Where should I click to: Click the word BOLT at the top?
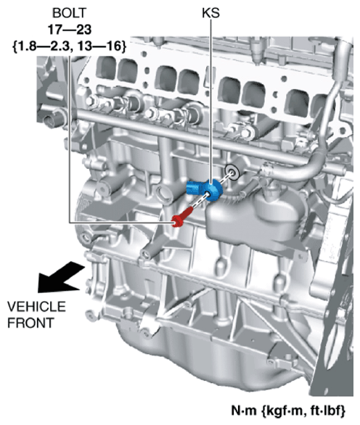pos(69,13)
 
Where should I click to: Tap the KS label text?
pos(210,13)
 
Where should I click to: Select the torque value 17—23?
pos(70,29)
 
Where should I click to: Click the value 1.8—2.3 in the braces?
pos(44,46)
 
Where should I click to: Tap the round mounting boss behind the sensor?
pos(232,172)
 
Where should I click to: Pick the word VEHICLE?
pos(36,307)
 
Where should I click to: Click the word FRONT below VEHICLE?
pos(30,323)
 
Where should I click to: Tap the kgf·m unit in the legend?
pos(283,410)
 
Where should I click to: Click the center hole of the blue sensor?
pos(208,194)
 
